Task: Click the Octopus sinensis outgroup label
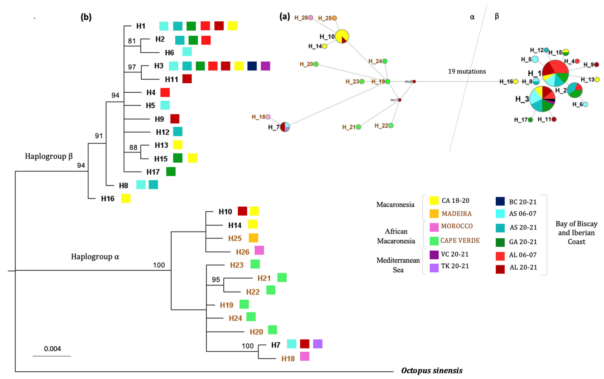pos(432,370)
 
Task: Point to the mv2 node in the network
pos(414,82)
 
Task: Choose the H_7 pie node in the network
pos(285,127)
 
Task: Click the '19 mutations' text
pos(467,71)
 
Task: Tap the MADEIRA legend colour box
pos(434,214)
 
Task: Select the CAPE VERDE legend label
pos(460,240)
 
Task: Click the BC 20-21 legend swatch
pos(500,201)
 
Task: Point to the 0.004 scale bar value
pos(52,349)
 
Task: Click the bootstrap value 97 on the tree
pos(132,67)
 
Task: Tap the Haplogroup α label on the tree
pos(95,257)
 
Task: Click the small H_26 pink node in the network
pos(310,18)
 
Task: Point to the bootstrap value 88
pos(133,147)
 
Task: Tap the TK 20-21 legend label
pos(455,266)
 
